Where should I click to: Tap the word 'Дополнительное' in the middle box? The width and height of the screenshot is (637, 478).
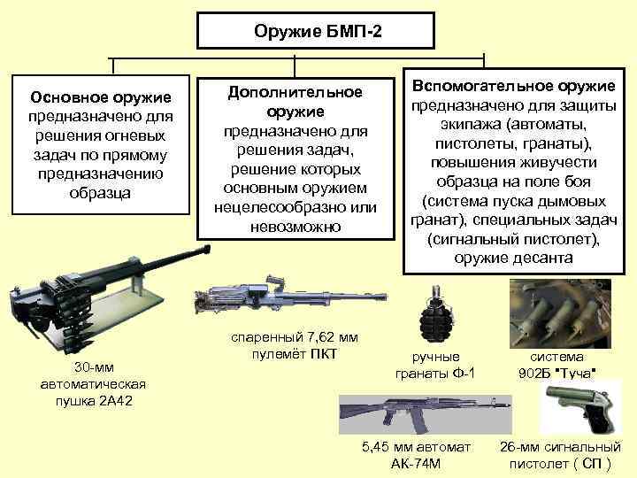click(x=295, y=92)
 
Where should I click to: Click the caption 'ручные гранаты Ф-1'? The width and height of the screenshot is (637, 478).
click(x=435, y=366)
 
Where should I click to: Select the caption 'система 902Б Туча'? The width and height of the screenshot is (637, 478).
click(x=556, y=365)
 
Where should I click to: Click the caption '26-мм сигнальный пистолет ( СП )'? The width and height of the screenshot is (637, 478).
click(x=559, y=455)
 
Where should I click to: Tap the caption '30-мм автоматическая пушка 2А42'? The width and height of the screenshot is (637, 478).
click(x=93, y=384)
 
